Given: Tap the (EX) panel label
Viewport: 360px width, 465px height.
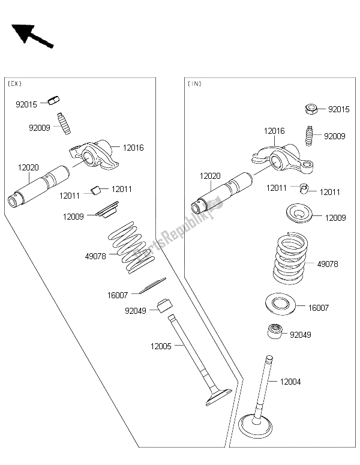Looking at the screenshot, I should (16, 83).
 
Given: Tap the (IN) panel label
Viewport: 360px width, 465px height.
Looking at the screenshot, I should (195, 83).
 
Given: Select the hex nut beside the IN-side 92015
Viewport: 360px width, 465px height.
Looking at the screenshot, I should (311, 109).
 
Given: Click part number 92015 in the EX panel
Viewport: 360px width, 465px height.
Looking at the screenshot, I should (26, 104).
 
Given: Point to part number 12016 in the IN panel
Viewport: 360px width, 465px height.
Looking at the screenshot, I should (274, 130).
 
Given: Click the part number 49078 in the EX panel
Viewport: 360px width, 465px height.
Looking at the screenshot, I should (95, 255).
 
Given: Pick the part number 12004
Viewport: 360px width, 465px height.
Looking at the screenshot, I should (291, 381).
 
